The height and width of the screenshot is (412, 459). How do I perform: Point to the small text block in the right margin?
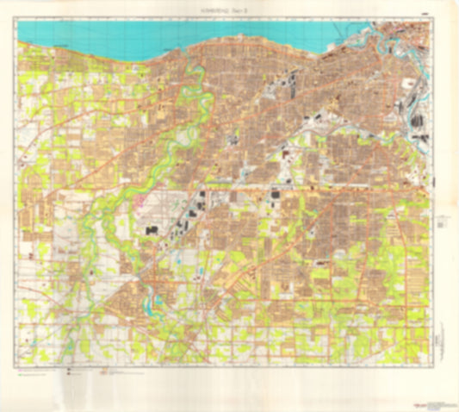pos(442,219)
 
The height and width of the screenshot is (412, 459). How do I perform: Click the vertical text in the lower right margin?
pos(440,332)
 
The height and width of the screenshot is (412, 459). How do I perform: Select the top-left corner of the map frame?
pos(18,21)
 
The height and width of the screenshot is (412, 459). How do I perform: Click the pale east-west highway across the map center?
pos(284,184)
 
